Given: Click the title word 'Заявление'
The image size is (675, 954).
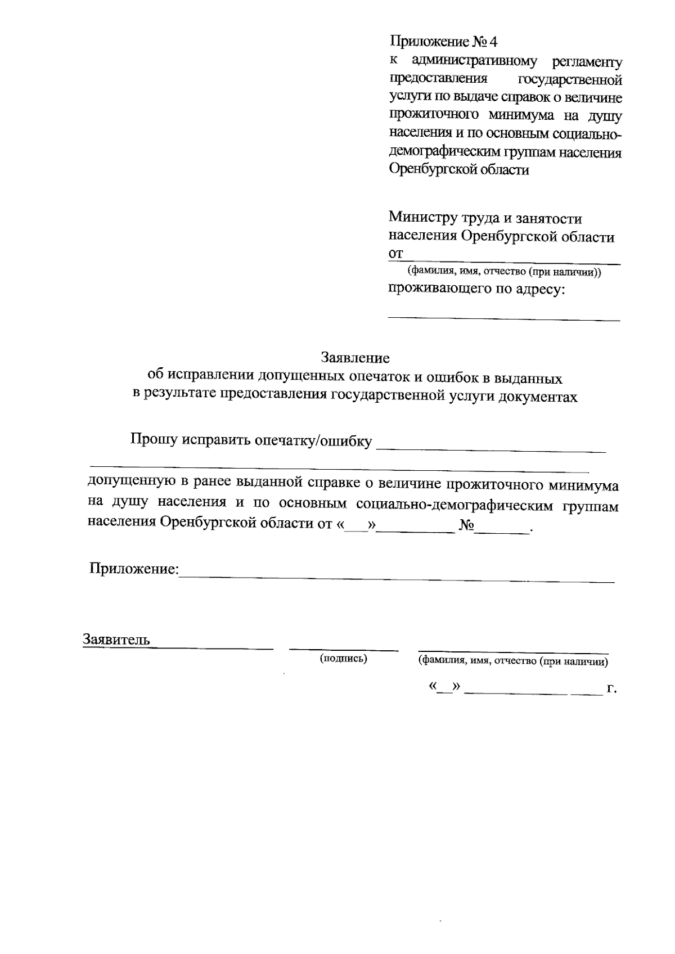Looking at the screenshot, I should coord(355,358).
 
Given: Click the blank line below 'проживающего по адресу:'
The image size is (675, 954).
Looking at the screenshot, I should coord(503,319).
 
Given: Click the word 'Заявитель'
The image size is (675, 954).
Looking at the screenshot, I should coord(116,640).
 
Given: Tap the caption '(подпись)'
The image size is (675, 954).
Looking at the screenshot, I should coord(343,658).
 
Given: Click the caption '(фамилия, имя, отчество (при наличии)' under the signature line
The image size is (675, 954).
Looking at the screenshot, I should coord(512,662).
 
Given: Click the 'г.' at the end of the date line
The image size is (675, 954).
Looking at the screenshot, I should coord(612,688).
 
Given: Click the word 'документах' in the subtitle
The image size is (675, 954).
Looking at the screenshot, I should coord(541,397).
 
